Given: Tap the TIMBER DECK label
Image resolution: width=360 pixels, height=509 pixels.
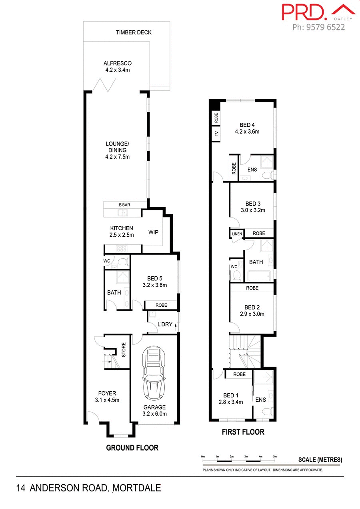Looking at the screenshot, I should pos(134,32).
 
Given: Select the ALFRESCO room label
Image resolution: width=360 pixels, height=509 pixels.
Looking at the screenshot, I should pos(117,63).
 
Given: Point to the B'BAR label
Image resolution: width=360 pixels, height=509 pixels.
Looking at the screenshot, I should pos(124,205).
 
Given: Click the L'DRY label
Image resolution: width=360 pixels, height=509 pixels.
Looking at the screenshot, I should pos(164,324).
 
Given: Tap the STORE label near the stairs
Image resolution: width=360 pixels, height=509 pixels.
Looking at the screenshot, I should pos(124,350).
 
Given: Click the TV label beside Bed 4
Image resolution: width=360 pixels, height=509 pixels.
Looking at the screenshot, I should pos(216,134).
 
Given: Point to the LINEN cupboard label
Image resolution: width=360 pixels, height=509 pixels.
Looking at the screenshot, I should pos(236,233).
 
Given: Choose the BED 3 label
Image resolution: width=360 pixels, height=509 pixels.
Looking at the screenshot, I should pos(253,204).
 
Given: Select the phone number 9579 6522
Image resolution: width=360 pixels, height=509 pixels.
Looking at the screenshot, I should pos(325,27).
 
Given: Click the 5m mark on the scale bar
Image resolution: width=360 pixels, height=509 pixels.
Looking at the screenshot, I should pos(275,456).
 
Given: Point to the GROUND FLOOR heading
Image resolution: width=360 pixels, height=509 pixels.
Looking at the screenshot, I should pos(132,448).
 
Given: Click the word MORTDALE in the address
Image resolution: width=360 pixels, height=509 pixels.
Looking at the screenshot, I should pos(137,488).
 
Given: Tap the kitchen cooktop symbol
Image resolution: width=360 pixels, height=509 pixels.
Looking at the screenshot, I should pos(121,249).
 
